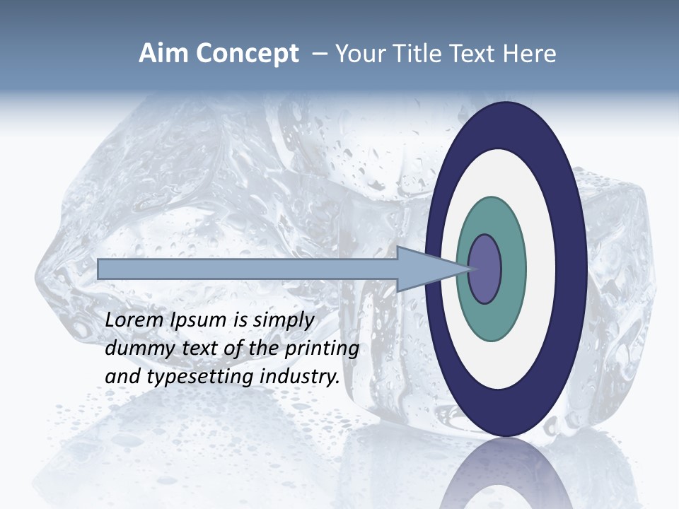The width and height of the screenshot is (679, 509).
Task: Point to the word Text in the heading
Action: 472,54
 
